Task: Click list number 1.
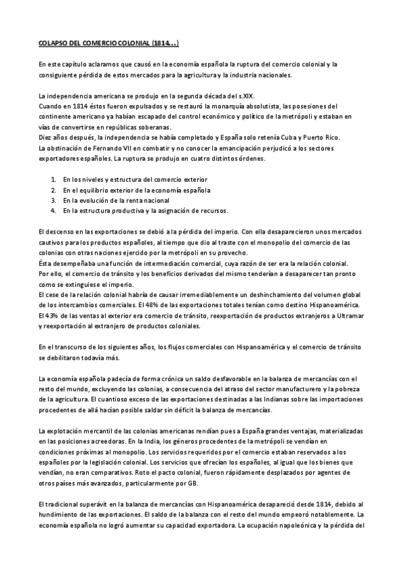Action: coord(53,180)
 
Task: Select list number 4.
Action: coord(53,211)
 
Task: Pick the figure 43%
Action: coord(48,315)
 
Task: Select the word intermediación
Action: coord(158,263)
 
